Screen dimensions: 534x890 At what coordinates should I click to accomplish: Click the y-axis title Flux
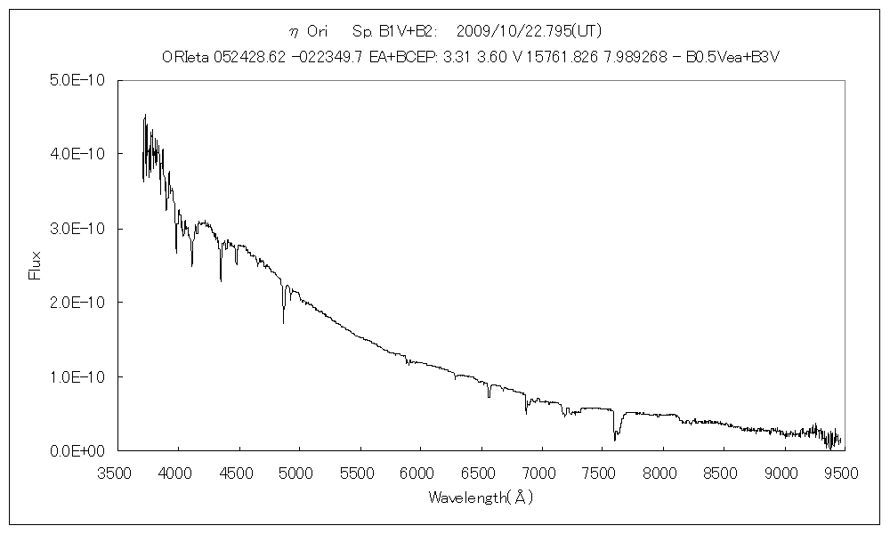(36, 265)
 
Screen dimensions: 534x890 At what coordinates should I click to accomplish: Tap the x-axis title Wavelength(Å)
(480, 498)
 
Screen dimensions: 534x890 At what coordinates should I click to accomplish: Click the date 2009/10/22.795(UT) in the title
(529, 31)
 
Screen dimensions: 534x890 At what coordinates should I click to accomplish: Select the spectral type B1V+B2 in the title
(406, 31)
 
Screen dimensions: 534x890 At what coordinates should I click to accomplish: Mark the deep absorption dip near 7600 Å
(615, 436)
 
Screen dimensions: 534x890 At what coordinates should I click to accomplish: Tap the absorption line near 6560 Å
(489, 394)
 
